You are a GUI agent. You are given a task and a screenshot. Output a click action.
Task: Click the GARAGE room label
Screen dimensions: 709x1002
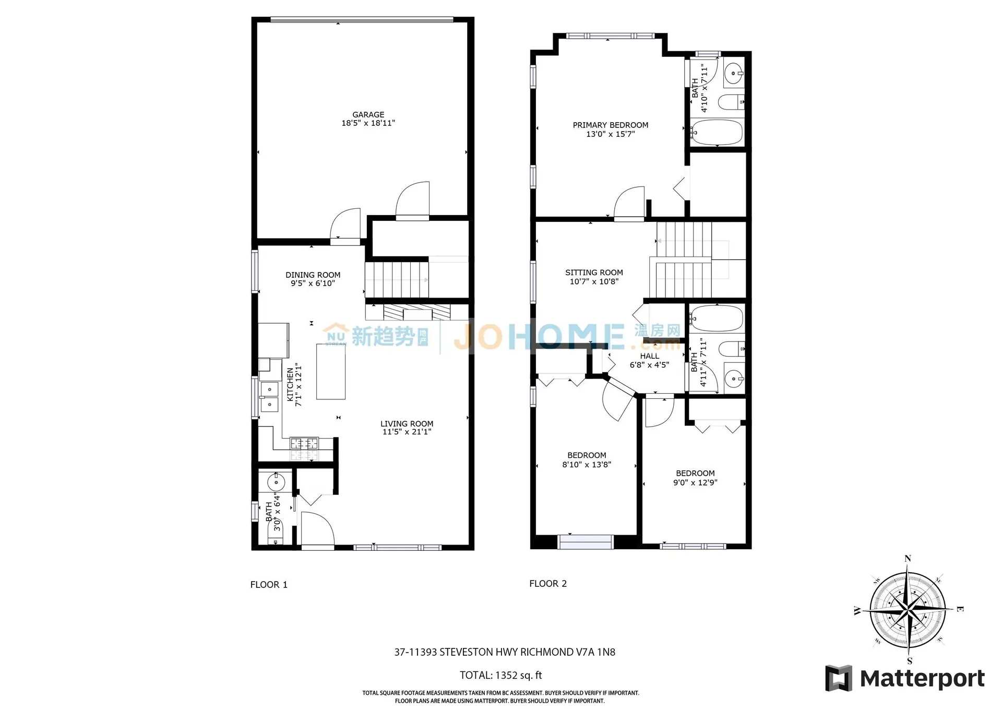point(368,114)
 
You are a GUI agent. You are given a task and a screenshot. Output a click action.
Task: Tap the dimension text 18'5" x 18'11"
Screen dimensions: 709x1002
point(368,123)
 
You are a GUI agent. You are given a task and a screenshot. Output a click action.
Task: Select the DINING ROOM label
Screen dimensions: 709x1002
point(313,275)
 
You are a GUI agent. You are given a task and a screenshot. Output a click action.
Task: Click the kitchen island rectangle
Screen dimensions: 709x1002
point(330,371)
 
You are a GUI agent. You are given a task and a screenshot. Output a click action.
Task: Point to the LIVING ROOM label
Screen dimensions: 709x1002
point(407,423)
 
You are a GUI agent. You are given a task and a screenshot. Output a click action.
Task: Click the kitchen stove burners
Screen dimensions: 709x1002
point(304,443)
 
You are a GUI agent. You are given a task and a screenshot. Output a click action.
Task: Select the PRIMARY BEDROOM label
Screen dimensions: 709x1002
point(610,125)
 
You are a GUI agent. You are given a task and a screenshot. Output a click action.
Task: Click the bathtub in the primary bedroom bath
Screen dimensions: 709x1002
point(717,133)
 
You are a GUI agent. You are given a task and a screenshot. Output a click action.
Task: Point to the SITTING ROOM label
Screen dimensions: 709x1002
point(594,273)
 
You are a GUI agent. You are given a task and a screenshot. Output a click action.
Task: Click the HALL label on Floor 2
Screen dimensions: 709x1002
point(649,356)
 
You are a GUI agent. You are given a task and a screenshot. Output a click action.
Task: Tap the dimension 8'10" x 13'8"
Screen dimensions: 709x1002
point(587,465)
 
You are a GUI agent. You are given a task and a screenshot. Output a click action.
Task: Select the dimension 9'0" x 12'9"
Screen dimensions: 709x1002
point(695,483)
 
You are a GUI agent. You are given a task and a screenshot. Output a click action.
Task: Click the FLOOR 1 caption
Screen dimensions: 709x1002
point(269,585)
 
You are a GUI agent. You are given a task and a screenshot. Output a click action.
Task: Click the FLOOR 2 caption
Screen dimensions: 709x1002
point(548,584)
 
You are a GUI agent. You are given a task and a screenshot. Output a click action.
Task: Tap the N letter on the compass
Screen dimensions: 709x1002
point(908,559)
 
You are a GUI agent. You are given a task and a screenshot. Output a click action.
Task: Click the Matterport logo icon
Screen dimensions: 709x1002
point(838,678)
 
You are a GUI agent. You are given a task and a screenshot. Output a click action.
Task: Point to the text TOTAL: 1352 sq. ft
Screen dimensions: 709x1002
point(500,675)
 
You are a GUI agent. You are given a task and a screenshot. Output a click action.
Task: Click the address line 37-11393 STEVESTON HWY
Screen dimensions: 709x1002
point(504,652)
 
